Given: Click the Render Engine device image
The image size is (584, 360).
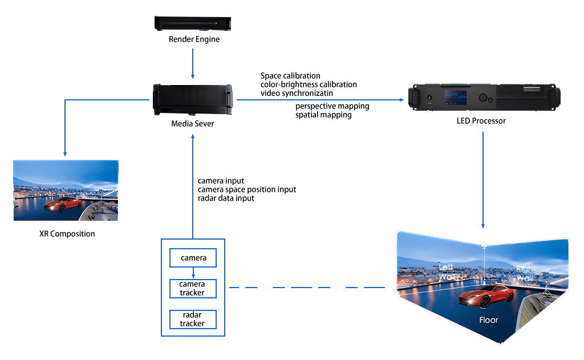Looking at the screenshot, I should [x=194, y=23].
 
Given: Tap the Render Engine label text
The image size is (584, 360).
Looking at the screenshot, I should [x=194, y=39].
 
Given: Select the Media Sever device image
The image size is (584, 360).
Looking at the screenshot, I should [x=193, y=100].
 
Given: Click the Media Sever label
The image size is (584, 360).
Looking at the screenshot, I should [x=193, y=123].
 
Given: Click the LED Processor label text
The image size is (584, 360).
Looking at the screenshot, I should [x=481, y=121].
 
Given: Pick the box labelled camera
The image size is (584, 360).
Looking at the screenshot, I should [x=193, y=258].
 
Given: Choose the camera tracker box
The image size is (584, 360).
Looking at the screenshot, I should [x=193, y=289].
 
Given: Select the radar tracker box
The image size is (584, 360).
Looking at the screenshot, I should [x=193, y=319].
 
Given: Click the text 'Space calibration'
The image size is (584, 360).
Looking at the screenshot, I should [x=290, y=76].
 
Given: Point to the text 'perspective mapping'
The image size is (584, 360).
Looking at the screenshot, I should [x=332, y=106].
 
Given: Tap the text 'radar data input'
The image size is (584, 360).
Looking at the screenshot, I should [x=226, y=198].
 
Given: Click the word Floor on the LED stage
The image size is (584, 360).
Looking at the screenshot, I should [x=489, y=320].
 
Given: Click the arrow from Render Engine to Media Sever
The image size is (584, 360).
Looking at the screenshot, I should [x=193, y=63].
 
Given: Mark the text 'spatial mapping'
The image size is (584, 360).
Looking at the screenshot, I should [x=323, y=115].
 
